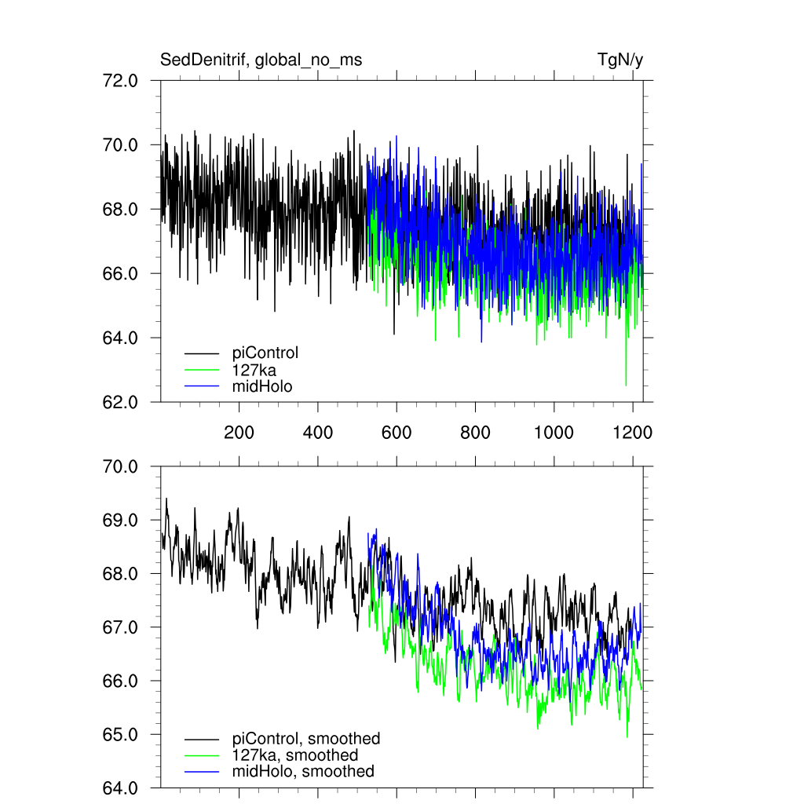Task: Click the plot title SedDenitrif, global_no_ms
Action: point(261,60)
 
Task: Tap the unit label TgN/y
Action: point(620,60)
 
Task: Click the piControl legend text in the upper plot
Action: point(265,353)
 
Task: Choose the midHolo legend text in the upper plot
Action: point(262,386)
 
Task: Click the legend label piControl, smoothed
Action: point(306,739)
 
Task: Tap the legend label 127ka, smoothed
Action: point(295,755)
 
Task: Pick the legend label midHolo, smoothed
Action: point(303,772)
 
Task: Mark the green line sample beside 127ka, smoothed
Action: point(202,756)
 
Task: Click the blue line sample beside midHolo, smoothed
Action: point(202,773)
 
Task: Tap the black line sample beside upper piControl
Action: point(202,353)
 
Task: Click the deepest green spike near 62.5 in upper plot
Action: point(626,384)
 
